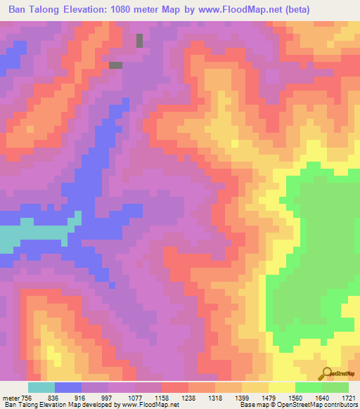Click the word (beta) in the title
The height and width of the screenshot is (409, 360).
[x=297, y=8]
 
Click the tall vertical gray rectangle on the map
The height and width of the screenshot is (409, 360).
[x=139, y=41]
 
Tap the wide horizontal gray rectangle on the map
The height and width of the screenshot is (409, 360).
[x=115, y=65]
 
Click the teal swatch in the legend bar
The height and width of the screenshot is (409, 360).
[x=41, y=387]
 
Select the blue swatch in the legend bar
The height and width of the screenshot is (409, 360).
[x=68, y=387]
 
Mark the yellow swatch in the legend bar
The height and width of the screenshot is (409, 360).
[x=282, y=387]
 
